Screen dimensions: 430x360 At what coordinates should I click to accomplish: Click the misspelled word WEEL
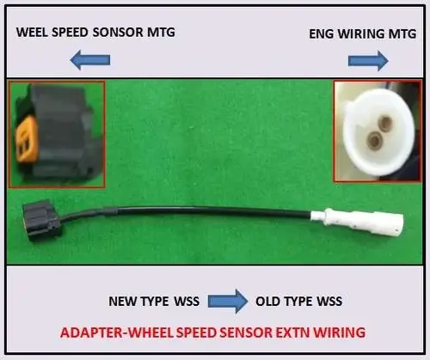(33, 32)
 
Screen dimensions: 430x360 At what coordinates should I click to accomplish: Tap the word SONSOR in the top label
(118, 32)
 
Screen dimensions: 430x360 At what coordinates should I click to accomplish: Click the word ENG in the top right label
(322, 34)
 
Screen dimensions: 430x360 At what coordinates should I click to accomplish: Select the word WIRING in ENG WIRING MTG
(360, 34)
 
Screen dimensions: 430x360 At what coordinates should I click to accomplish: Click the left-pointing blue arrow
(90, 60)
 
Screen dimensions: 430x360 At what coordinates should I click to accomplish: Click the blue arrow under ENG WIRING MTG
(368, 61)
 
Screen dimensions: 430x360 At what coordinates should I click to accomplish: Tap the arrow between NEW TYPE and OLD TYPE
(228, 301)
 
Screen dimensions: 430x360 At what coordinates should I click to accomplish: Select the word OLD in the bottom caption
(267, 302)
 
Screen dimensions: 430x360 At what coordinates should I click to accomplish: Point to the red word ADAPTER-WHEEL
(117, 333)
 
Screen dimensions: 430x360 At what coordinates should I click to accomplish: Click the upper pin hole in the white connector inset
(384, 123)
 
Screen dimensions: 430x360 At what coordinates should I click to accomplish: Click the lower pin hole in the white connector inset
(374, 139)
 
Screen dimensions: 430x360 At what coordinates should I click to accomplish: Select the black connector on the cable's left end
(42, 220)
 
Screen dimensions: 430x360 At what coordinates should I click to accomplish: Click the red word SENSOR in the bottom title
(246, 333)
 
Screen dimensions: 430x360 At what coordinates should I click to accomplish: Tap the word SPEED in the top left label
(70, 32)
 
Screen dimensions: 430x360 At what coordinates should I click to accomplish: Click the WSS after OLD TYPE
(329, 302)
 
